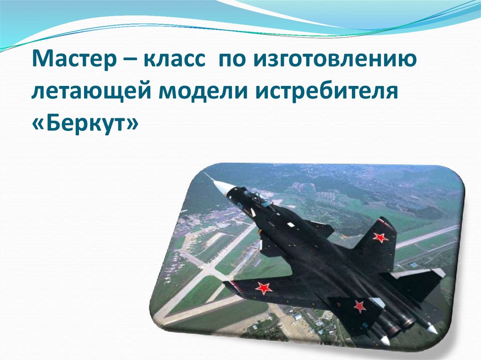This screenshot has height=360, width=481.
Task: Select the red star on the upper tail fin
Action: [x=380, y=237]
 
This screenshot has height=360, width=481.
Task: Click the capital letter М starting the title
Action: [x=39, y=61]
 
